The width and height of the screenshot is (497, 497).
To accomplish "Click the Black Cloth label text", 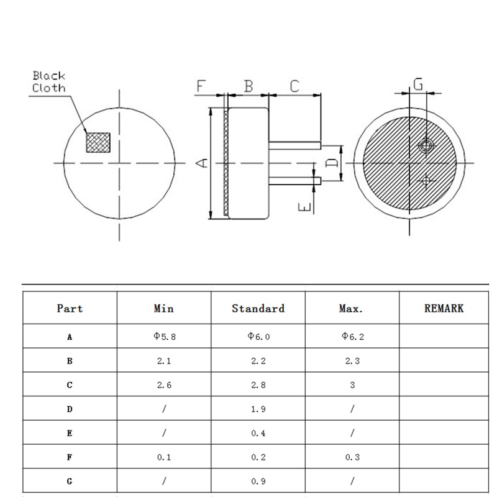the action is coord(49,81).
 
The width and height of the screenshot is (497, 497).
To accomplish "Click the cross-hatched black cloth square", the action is coord(98,142).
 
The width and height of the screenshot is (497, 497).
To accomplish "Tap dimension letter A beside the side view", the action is coord(202,163).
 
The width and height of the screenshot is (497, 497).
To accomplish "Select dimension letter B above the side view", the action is coord(248,86).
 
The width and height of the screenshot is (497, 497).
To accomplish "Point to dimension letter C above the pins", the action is coord(294,86).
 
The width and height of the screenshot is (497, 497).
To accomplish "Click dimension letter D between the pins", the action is coord(332,163).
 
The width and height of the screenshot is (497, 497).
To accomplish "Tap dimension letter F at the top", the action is coord(201,86).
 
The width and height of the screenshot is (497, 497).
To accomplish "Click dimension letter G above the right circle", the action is coord(418,84).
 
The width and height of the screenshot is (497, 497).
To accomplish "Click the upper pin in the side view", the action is coord(295,145).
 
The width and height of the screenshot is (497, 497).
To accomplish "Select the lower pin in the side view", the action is coord(295,181).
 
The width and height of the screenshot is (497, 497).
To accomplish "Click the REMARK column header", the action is coord(444,308).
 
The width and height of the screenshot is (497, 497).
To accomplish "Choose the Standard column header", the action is coord(258,308).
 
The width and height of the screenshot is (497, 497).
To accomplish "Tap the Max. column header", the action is coord(352,308).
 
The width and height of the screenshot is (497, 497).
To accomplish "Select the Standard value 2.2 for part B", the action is coord(258,361).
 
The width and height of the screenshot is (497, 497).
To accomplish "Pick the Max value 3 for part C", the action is coord(352,385).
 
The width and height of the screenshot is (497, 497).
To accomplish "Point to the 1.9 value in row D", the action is coord(258,409).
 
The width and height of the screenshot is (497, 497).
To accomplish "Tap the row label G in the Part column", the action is coord(70,481).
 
